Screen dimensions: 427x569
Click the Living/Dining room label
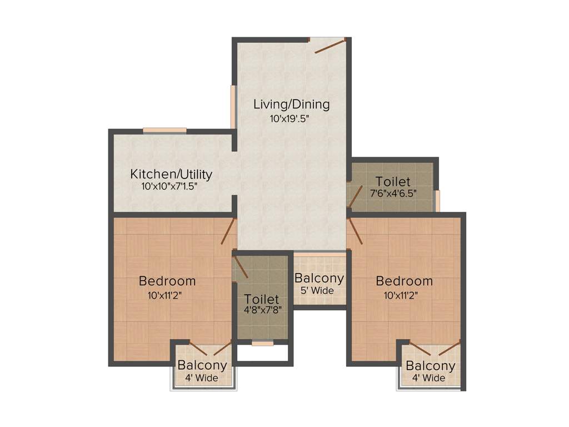click(291, 104)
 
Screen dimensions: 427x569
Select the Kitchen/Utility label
click(171, 174)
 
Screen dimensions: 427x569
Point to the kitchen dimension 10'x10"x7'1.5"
click(170, 187)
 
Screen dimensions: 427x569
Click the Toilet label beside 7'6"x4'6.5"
click(393, 181)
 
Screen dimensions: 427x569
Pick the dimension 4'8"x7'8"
click(261, 310)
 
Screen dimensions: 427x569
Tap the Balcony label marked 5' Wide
click(319, 278)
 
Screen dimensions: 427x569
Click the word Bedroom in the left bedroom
click(167, 281)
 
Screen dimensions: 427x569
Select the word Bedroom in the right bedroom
click(404, 281)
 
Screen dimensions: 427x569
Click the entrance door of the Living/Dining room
click(330, 46)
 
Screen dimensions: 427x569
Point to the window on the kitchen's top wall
click(164, 131)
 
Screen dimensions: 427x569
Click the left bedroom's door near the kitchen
click(228, 231)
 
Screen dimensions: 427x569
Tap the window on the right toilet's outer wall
click(437, 201)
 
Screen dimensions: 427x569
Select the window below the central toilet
click(262, 344)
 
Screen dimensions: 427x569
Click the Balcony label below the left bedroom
click(202, 365)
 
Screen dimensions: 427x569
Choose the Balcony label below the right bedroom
click(431, 366)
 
